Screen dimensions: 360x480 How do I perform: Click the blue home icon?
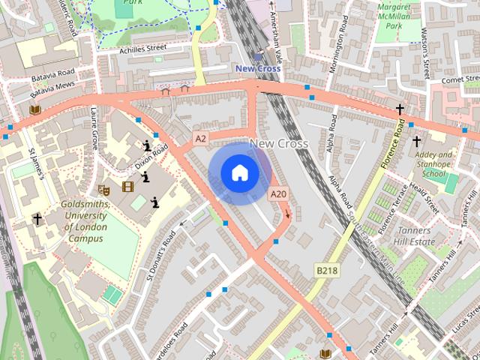[239, 173]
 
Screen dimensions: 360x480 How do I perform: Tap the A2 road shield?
[199, 139]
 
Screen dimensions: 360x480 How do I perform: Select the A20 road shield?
[278, 194]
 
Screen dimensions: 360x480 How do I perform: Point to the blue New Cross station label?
[257, 68]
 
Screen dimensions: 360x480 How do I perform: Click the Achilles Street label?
[143, 50]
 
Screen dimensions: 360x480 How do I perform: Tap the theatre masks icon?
[104, 190]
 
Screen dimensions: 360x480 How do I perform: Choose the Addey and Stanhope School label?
[434, 163]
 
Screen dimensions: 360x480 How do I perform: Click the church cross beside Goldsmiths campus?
[37, 219]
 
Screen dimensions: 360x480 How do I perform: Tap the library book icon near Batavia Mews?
[34, 109]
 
